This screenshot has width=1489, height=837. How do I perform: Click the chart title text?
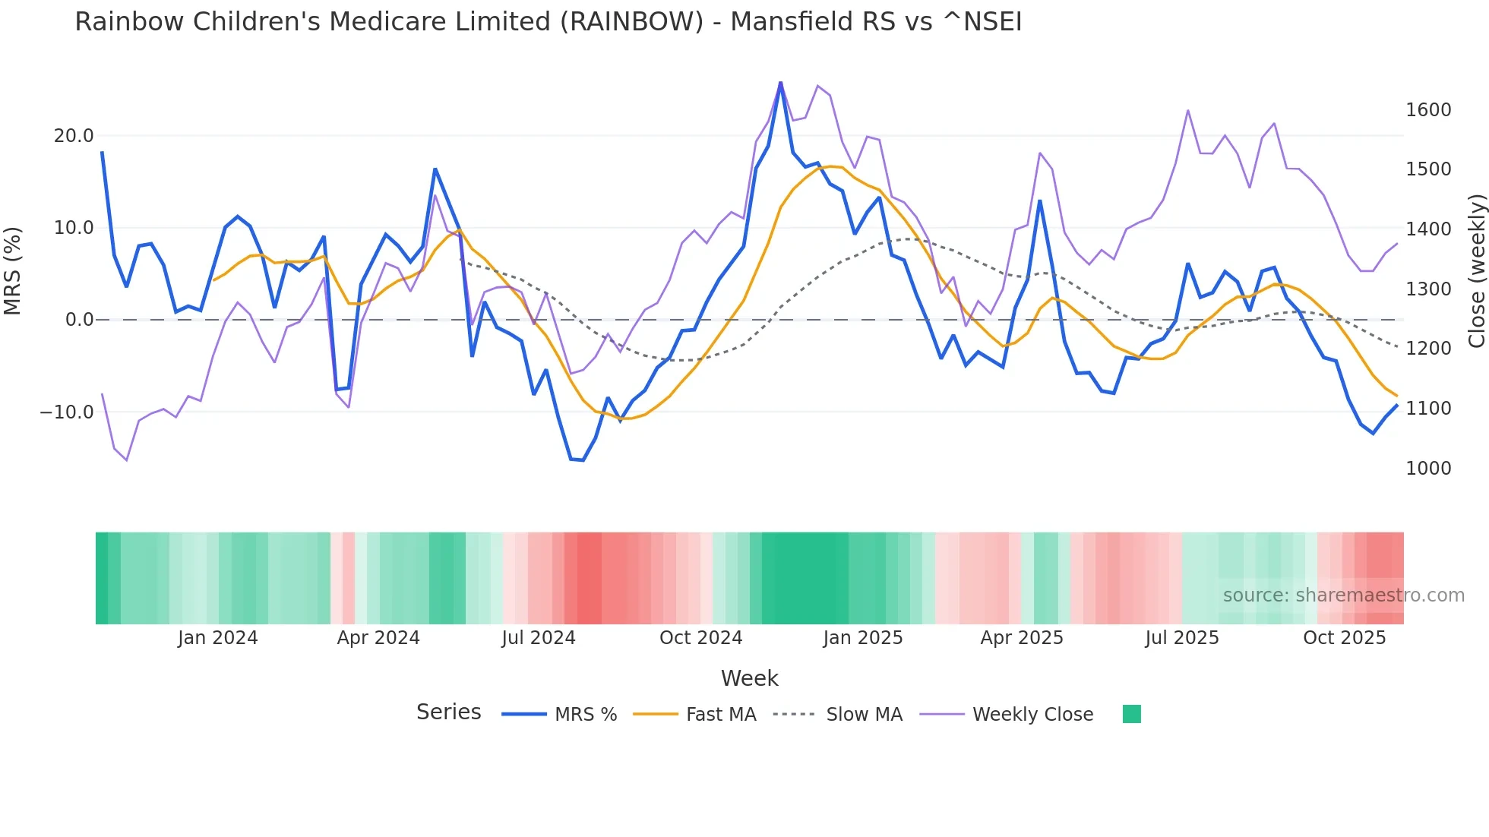[548, 22]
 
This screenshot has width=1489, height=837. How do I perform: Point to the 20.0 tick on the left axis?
[74, 136]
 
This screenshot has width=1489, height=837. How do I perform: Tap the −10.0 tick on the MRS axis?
[67, 412]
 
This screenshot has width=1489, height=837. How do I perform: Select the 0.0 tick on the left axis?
[79, 320]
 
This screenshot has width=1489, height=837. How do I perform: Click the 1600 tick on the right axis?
[1428, 110]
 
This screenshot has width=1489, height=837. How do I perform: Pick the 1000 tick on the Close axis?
[1428, 469]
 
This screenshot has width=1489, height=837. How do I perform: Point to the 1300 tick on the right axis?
[1428, 289]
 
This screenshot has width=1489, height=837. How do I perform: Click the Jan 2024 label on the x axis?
[218, 638]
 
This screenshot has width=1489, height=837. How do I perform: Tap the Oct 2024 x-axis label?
[700, 638]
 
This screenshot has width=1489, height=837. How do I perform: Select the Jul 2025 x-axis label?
[1182, 638]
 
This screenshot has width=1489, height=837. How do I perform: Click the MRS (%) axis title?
[13, 270]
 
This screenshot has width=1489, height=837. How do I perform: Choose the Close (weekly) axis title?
[1476, 270]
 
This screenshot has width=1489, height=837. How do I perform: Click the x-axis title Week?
[749, 678]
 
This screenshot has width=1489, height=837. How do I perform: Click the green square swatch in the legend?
[1132, 714]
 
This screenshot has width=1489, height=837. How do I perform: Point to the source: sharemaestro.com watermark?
[1343, 595]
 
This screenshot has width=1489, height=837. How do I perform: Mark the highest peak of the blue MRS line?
[780, 83]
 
